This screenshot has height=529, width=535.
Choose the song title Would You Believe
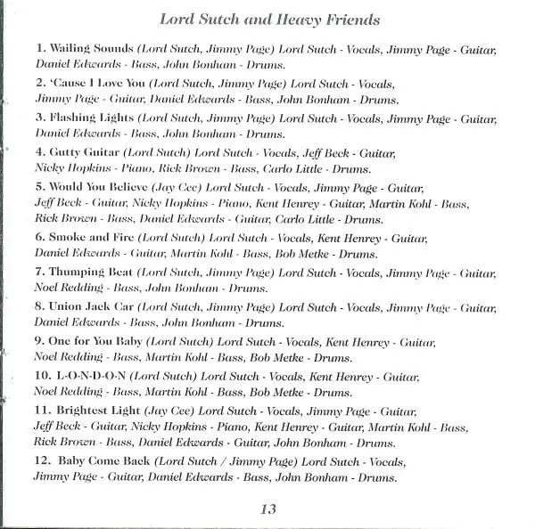pyautogui.click(x=101, y=186)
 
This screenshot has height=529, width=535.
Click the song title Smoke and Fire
pyautogui.click(x=93, y=238)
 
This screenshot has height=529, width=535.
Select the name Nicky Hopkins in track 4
pyautogui.click(x=75, y=169)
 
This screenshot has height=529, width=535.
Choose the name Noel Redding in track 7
pyautogui.click(x=71, y=289)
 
